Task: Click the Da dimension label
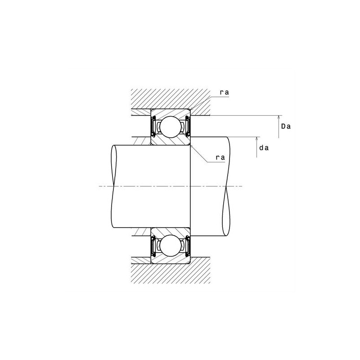(286, 126)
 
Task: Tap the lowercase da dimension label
(265, 147)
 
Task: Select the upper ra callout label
(224, 92)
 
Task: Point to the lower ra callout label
(220, 157)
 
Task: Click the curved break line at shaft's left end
(112, 186)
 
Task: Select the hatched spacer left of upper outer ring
(140, 112)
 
